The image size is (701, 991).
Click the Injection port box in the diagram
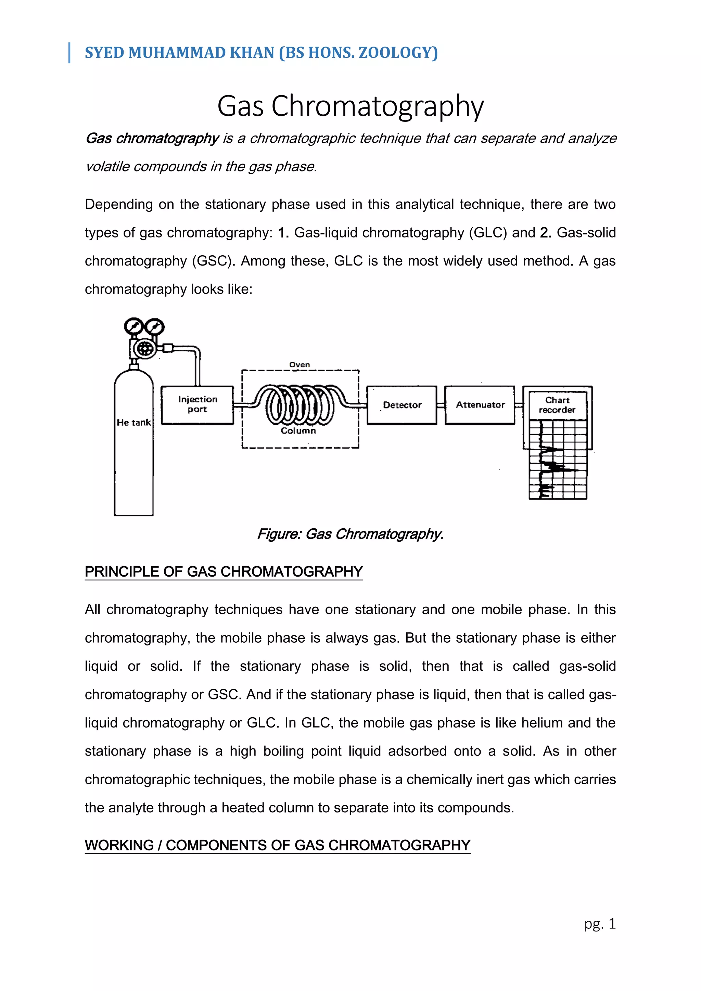(197, 404)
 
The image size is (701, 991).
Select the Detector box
(402, 405)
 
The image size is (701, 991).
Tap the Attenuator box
(480, 405)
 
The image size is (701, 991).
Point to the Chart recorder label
(557, 405)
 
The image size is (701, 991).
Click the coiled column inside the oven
(299, 404)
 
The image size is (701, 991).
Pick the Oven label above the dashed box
(299, 365)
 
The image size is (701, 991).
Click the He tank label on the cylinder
(134, 423)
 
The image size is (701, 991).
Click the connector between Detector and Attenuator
(441, 405)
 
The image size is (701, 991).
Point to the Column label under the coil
(298, 431)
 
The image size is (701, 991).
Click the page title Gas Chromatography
(350, 106)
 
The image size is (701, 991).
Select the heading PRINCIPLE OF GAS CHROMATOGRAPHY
(224, 571)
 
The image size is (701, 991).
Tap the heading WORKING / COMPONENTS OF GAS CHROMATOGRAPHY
(277, 845)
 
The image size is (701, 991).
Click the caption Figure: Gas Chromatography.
(350, 535)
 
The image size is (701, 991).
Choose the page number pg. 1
(600, 924)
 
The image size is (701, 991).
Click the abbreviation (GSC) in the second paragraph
(214, 261)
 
